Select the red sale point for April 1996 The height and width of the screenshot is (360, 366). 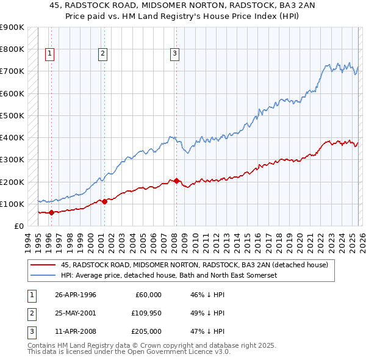pos(51,212)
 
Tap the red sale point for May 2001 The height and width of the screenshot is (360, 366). pos(104,201)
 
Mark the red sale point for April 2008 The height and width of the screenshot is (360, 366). pos(176,181)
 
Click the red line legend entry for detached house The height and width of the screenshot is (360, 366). pos(195,265)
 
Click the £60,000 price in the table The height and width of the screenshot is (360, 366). pos(148,295)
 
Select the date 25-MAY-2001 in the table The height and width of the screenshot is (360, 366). pos(75,313)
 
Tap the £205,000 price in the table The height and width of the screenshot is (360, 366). pos(146,331)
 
